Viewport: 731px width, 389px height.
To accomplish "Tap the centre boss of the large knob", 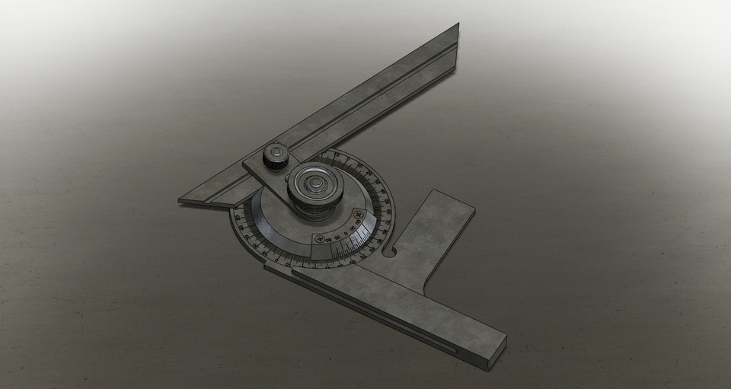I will click(312, 183).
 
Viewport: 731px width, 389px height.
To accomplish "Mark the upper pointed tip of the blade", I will click(458, 25).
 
